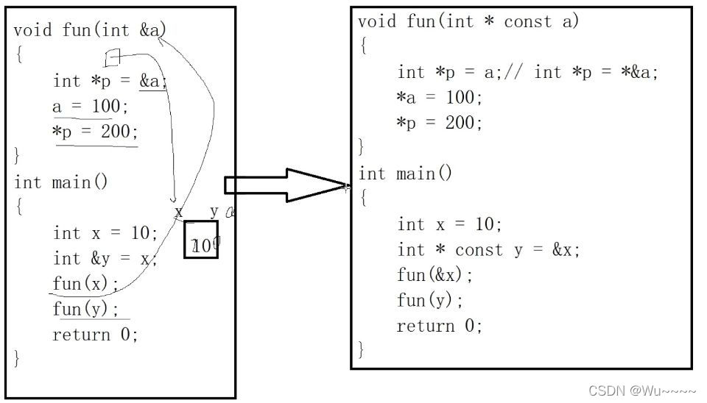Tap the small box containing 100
[201, 240]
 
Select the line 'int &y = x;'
[105, 258]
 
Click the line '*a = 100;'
[439, 97]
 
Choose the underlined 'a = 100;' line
[90, 107]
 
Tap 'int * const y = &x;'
[488, 250]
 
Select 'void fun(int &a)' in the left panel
[90, 30]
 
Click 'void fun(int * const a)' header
[468, 22]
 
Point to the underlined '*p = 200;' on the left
[96, 132]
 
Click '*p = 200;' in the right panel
[439, 122]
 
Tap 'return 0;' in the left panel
[95, 335]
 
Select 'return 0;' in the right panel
[439, 326]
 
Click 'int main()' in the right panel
[405, 174]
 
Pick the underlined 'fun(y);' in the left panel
[85, 309]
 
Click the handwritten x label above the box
[178, 212]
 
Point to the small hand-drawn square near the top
[112, 57]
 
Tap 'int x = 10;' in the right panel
[449, 224]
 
